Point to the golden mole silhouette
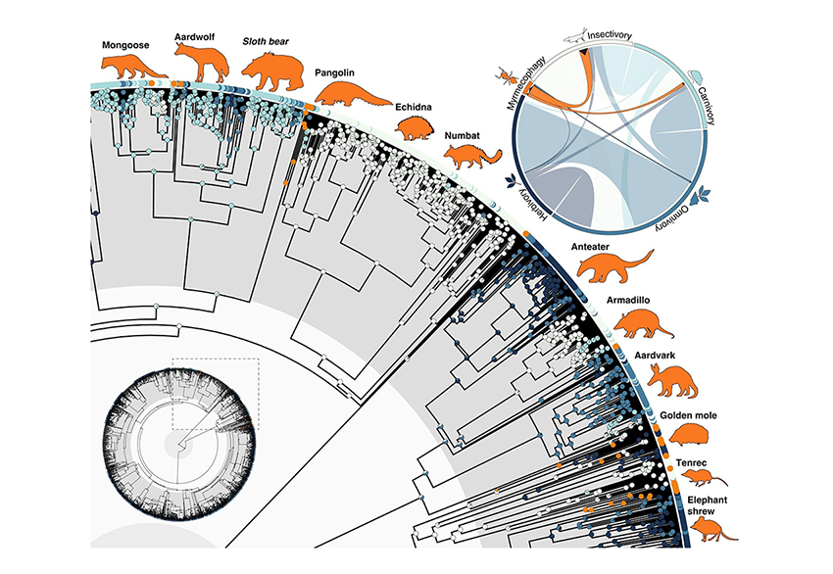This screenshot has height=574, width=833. click(x=697, y=435)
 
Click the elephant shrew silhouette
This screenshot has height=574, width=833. click(x=703, y=529)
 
